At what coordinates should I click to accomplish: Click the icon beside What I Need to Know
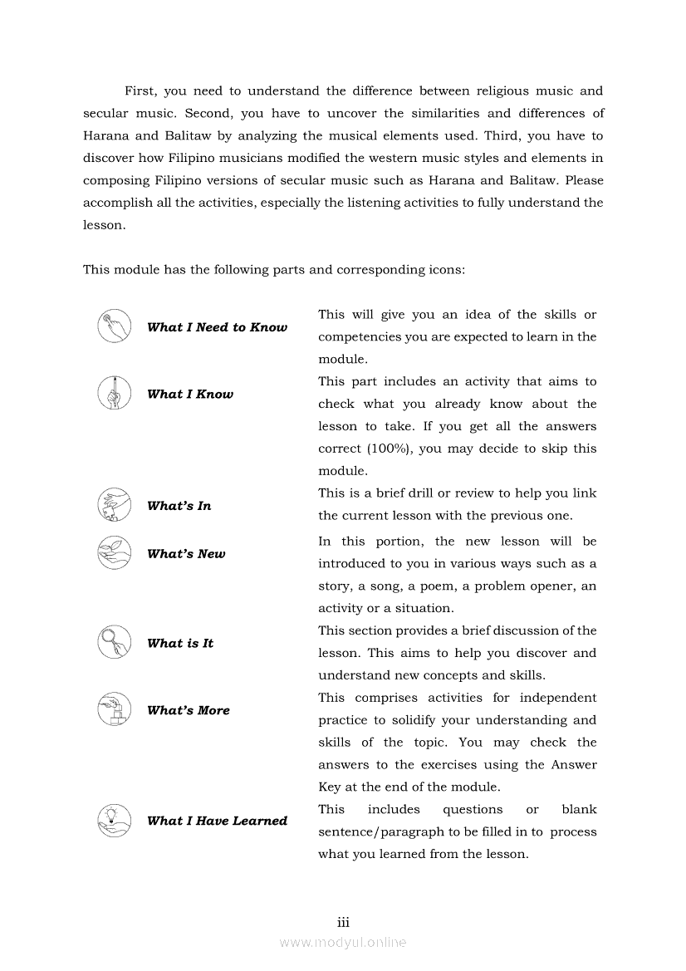[x=114, y=326]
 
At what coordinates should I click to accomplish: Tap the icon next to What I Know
[x=114, y=393]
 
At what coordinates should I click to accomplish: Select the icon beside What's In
[x=114, y=505]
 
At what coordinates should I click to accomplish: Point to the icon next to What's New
[x=114, y=553]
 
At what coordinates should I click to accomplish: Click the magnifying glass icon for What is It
[x=114, y=642]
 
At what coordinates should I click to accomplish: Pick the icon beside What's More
[x=114, y=709]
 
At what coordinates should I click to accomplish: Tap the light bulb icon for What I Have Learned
[x=114, y=820]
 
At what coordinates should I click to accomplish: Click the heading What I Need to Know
[x=217, y=327]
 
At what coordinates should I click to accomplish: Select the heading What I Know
[x=190, y=395]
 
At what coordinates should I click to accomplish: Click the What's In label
[x=179, y=506]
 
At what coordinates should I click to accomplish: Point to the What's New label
[x=186, y=554]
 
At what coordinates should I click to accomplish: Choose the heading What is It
[x=180, y=643]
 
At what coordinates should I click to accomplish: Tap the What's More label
[x=189, y=710]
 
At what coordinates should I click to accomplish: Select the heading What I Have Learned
[x=217, y=821]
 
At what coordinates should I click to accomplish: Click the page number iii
[x=343, y=922]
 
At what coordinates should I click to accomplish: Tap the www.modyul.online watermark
[x=343, y=942]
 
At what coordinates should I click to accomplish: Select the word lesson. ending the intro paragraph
[x=105, y=225]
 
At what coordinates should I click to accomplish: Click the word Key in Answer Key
[x=330, y=787]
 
